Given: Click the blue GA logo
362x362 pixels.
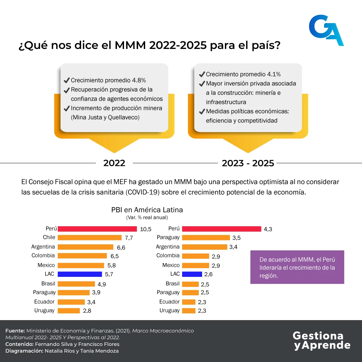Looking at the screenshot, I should click(326, 30).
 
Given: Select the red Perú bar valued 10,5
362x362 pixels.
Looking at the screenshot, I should click(97, 229).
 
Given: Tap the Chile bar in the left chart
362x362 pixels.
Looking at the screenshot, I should click(89, 238).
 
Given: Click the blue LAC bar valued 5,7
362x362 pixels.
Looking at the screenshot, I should click(80, 274).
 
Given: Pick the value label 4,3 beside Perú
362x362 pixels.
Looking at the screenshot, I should click(268, 229).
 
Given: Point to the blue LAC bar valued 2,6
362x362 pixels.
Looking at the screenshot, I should click(192, 274).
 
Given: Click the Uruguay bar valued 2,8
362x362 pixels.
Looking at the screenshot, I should click(69, 311).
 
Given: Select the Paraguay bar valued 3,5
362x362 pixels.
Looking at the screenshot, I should click(206, 238).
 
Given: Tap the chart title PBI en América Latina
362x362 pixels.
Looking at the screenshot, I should click(147, 210).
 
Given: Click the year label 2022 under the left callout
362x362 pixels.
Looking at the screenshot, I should click(114, 163).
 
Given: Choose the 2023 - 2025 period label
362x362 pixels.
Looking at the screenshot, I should click(248, 163).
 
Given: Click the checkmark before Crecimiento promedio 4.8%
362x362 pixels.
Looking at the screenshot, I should click(66, 80).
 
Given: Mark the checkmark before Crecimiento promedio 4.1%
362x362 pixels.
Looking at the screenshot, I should click(202, 74).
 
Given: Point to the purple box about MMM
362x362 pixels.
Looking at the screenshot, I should click(297, 267).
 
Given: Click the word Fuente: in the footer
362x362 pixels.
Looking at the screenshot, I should click(15, 331).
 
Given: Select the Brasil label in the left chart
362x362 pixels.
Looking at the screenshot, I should click(48, 284).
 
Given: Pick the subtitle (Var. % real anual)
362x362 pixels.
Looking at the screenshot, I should click(147, 218).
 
